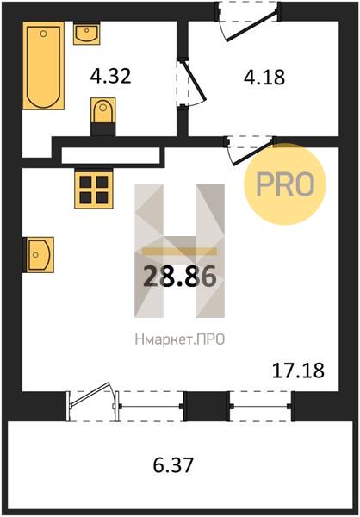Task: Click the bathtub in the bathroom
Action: click(43, 65)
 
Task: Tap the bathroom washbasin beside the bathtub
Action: click(86, 33)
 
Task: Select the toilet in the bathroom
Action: click(102, 116)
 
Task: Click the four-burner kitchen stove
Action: click(94, 189)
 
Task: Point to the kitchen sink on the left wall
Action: click(39, 254)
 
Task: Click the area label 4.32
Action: click(111, 76)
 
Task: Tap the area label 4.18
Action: click(264, 78)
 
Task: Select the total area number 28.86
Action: click(180, 276)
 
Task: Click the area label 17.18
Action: click(298, 371)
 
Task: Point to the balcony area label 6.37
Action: click(173, 465)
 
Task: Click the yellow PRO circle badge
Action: click(285, 184)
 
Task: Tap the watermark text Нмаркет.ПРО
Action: click(180, 339)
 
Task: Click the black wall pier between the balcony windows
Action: click(207, 406)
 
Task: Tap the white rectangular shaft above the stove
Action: click(111, 155)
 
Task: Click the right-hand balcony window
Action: click(261, 406)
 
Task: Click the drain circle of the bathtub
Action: click(44, 34)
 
